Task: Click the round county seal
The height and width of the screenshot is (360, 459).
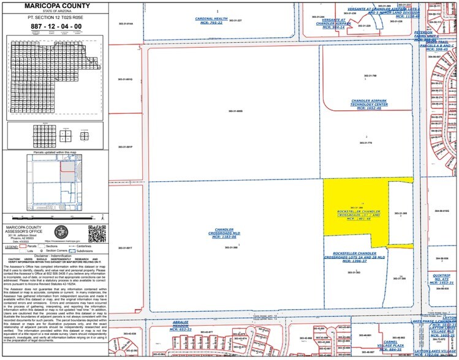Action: click(62, 233)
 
